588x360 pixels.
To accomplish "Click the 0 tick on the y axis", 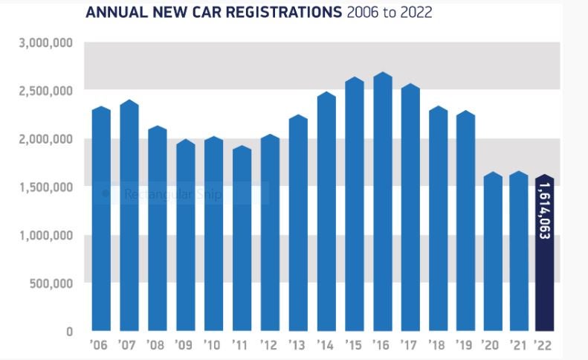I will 68,332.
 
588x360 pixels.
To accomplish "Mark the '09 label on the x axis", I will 184,346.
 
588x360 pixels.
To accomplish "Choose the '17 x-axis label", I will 410,346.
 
